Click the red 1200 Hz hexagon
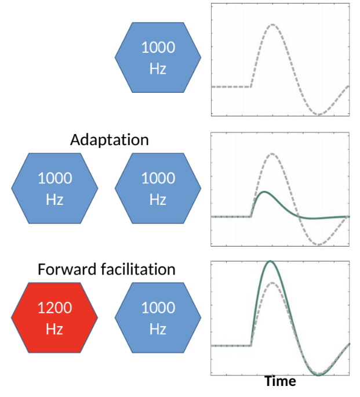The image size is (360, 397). click(x=54, y=317)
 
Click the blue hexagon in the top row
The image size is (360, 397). click(x=158, y=58)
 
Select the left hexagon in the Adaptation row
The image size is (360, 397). click(x=54, y=188)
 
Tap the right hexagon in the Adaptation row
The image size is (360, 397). click(x=158, y=188)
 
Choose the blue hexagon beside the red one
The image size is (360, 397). click(x=158, y=317)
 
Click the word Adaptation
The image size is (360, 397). click(x=109, y=140)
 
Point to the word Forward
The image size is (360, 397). click(x=64, y=269)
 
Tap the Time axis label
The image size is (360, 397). click(x=280, y=381)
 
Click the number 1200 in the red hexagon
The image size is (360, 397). click(x=54, y=308)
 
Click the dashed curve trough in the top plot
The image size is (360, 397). click(x=318, y=114)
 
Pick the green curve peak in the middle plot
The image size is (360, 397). click(x=264, y=192)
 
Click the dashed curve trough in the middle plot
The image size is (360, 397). click(x=318, y=244)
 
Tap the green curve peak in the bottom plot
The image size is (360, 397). click(x=270, y=261)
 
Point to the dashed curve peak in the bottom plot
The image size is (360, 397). click(x=272, y=283)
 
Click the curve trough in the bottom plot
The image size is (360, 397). click(x=318, y=374)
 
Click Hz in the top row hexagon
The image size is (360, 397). click(x=158, y=68)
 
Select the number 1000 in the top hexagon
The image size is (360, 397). click(x=158, y=48)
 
